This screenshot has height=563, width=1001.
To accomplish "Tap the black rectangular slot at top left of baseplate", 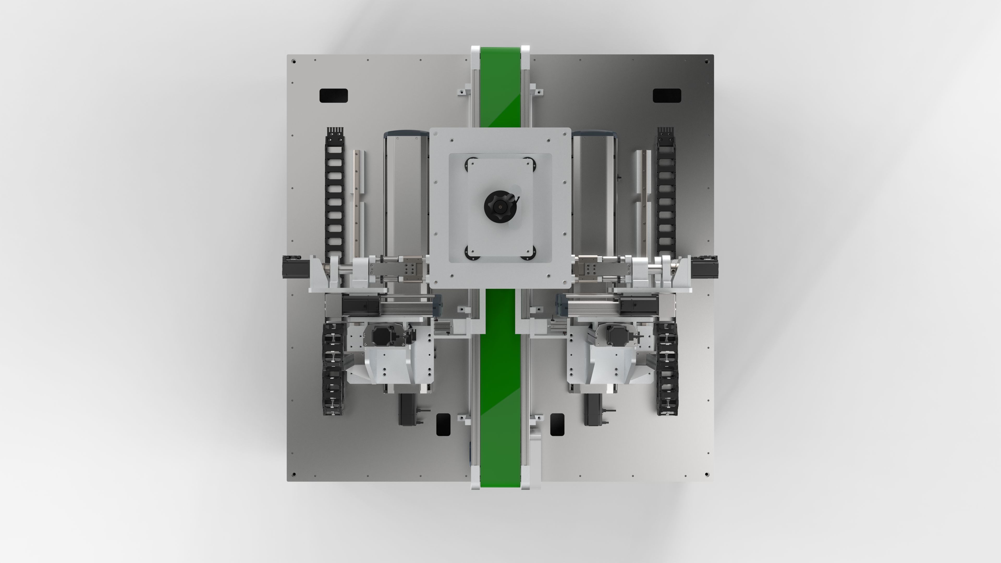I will coord(333,96).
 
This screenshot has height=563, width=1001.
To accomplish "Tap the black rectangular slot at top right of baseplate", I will coord(667,96).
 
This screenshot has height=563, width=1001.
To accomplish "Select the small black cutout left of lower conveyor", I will coord(443,424).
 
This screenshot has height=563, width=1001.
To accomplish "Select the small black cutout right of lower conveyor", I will coord(557,424).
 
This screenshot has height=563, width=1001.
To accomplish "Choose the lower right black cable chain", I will coord(667,369).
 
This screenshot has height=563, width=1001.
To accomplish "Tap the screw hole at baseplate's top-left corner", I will coord(294,62).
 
